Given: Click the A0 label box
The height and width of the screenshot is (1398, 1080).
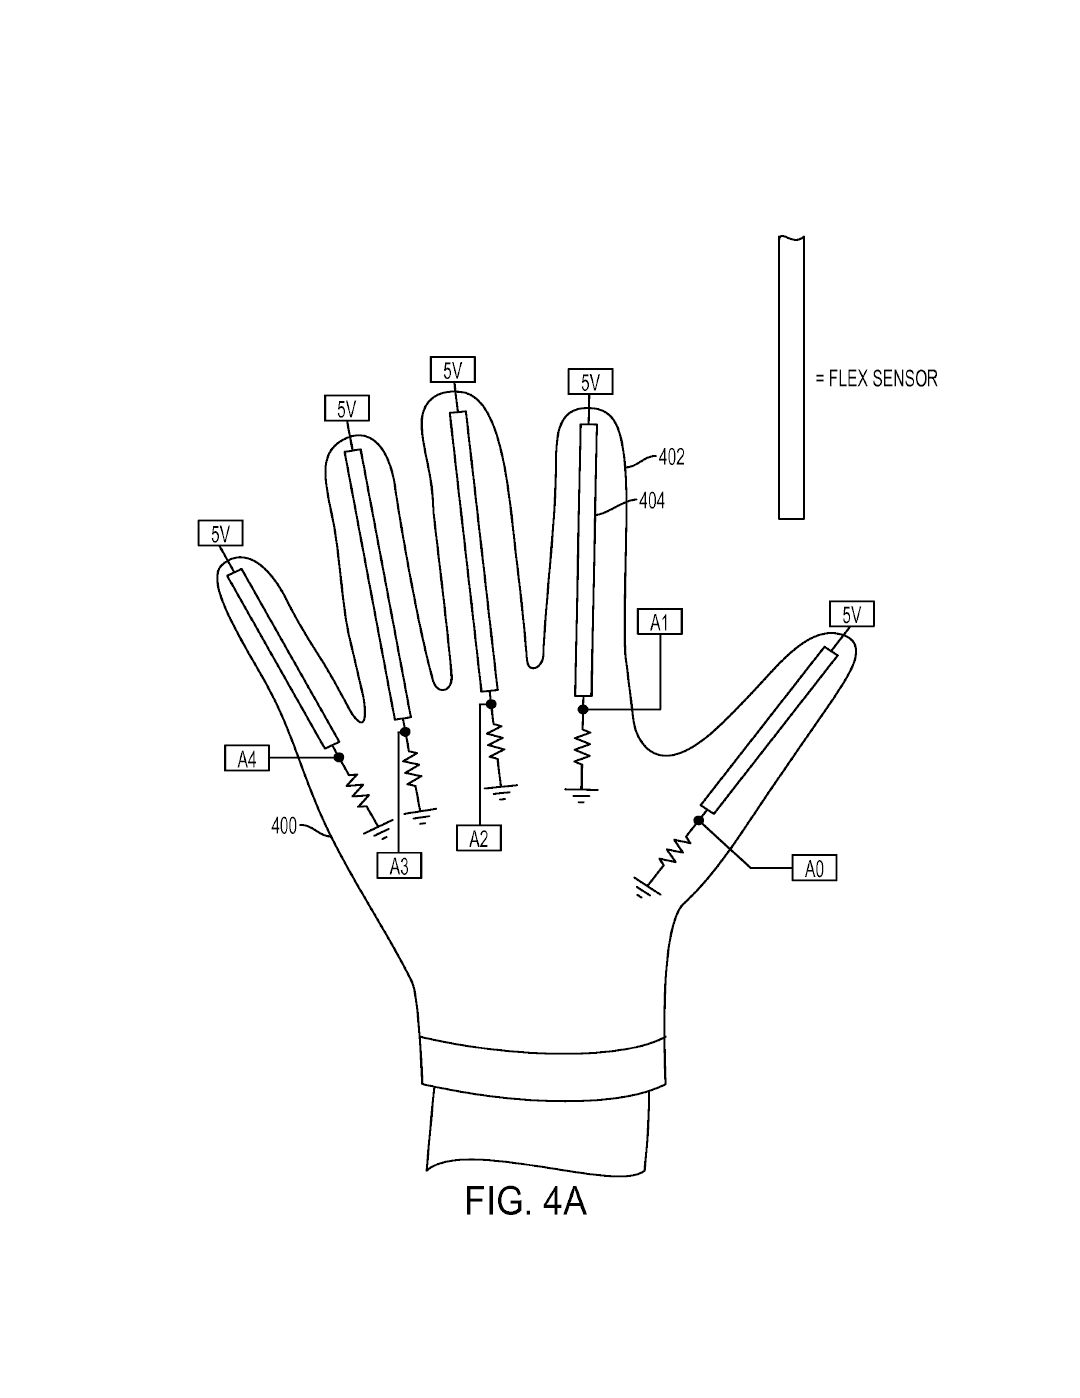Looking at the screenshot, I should [x=813, y=869].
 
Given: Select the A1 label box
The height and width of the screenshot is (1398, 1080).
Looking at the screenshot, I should [x=659, y=623].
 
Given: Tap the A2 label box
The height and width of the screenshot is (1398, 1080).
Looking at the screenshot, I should [x=478, y=838].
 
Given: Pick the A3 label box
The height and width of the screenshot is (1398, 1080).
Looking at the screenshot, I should [x=399, y=866].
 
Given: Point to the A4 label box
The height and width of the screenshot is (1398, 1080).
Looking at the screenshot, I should [x=246, y=760].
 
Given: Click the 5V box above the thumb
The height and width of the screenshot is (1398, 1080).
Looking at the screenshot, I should [x=851, y=614].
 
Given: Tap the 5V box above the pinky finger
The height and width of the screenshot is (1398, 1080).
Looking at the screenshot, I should [x=219, y=534].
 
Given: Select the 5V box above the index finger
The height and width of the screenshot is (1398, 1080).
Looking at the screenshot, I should [x=590, y=382].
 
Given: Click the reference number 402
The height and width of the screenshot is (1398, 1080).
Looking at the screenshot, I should [x=671, y=457].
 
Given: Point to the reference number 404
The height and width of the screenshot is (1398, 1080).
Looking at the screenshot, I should [x=651, y=501].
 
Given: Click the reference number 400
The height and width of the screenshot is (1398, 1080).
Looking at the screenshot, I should [x=284, y=826].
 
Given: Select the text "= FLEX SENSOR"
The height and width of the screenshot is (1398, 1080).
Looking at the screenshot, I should [x=876, y=379].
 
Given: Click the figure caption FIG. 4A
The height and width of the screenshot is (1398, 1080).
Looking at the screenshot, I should [x=526, y=1200].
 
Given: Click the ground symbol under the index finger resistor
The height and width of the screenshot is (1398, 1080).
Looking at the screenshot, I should [x=581, y=794].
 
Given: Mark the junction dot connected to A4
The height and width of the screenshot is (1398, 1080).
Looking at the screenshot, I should [x=339, y=758].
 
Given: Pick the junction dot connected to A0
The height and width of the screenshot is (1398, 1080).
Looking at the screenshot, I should [x=699, y=821].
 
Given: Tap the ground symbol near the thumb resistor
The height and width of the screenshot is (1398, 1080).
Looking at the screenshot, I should [x=644, y=886].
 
